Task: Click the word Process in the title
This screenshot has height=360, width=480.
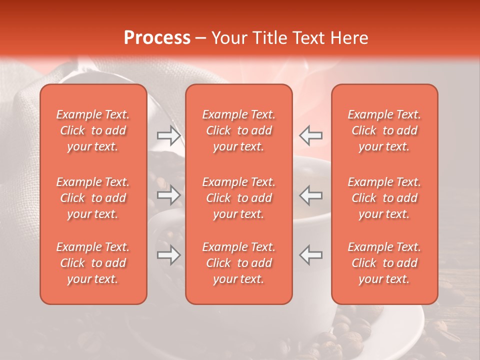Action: pyautogui.click(x=157, y=38)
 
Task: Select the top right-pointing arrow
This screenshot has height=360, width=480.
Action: pyautogui.click(x=168, y=135)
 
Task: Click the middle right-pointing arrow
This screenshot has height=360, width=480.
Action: pyautogui.click(x=168, y=195)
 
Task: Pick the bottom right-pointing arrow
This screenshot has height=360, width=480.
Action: pyautogui.click(x=168, y=255)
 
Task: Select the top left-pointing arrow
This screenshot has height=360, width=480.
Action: pyautogui.click(x=311, y=135)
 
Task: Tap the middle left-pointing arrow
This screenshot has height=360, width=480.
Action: pyautogui.click(x=311, y=195)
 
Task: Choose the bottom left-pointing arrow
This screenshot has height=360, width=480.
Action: pyautogui.click(x=311, y=255)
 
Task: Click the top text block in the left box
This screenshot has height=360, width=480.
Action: pyautogui.click(x=93, y=130)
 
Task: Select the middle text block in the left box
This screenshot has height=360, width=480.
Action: pyautogui.click(x=93, y=198)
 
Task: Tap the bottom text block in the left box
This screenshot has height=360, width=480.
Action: pyautogui.click(x=93, y=263)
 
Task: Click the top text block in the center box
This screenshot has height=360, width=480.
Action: pyautogui.click(x=239, y=130)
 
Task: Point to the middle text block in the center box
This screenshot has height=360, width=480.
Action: pyautogui.click(x=239, y=198)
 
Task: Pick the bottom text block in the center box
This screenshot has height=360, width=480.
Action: pyautogui.click(x=239, y=263)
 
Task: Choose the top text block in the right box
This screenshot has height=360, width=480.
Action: pyautogui.click(x=384, y=130)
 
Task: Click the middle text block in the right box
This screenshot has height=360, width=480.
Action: pyautogui.click(x=384, y=198)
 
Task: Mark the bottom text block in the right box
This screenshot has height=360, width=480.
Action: pyautogui.click(x=384, y=263)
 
